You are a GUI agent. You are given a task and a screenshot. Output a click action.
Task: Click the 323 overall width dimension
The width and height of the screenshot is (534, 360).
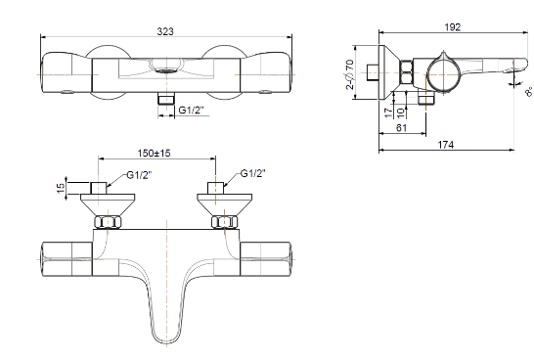(x=165, y=31)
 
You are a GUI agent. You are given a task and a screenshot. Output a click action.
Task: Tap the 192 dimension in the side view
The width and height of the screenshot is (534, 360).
(x=453, y=27)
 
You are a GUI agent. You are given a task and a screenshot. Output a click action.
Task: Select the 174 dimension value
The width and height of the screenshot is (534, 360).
(x=446, y=145)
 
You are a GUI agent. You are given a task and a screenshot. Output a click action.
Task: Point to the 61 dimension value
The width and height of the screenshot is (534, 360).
(x=402, y=128)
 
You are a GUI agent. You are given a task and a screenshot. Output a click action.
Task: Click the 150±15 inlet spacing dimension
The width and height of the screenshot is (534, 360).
(x=154, y=153)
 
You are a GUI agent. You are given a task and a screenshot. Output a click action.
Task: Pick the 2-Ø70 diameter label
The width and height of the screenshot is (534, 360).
(x=350, y=74)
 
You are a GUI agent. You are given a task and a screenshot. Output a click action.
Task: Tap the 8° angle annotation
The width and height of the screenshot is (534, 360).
(x=529, y=91)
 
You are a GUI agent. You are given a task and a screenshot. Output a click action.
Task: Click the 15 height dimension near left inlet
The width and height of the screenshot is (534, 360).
(x=61, y=188)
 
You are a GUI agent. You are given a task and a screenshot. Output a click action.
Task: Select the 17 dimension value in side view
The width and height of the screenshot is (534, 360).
(x=388, y=112)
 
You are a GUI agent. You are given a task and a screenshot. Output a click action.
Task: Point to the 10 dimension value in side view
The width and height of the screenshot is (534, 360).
(x=401, y=112)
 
